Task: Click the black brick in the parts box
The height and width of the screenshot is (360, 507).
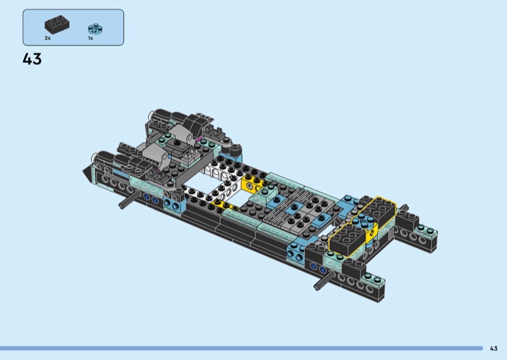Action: (57, 24)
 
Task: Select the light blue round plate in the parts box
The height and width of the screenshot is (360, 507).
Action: (96, 29)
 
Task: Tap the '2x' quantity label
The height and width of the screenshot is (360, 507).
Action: (48, 38)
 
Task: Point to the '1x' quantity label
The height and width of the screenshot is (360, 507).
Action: (91, 38)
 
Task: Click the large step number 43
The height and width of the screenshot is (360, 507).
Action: (32, 59)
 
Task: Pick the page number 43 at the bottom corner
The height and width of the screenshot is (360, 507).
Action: (494, 349)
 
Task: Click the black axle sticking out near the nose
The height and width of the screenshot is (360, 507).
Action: (129, 200)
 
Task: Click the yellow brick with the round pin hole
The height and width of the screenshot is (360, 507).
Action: (252, 184)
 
